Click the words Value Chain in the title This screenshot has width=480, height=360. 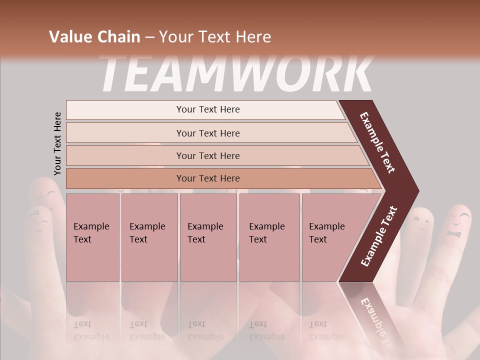[x=94, y=37]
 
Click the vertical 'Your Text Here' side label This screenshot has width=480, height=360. [x=57, y=143]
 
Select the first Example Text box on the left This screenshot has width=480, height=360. [x=92, y=237]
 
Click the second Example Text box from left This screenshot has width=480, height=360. [x=149, y=237]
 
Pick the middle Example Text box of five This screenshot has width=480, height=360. [x=208, y=237]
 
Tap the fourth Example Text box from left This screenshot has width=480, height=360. [x=269, y=237]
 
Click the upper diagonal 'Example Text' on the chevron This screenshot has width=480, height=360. [x=377, y=142]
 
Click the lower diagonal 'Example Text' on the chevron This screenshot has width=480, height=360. [x=379, y=236]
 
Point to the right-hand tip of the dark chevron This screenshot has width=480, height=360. [x=417, y=191]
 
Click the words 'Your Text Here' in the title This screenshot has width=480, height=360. [x=215, y=37]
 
